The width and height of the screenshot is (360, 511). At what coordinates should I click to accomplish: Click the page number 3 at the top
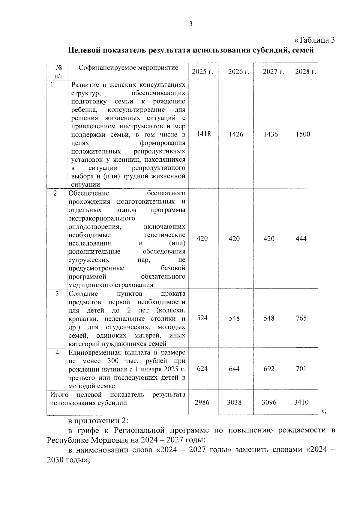[x=190, y=24]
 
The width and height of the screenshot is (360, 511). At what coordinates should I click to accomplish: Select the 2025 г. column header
[x=202, y=72]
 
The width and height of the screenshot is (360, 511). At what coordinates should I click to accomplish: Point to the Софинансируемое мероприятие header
[x=128, y=68]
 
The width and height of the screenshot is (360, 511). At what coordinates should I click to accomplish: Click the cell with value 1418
[x=204, y=134]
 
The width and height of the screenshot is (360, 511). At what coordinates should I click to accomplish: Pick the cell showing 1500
[x=303, y=134]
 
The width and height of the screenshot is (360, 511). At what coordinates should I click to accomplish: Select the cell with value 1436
[x=271, y=134]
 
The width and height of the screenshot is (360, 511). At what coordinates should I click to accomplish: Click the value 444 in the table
[x=301, y=238]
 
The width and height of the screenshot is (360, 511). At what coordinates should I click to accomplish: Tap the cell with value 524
[x=202, y=318]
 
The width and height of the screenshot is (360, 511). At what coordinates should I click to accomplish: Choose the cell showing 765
[x=301, y=318]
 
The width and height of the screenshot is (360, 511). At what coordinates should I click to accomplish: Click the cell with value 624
[x=202, y=368]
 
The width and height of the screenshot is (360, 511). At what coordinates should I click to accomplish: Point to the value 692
[x=269, y=368]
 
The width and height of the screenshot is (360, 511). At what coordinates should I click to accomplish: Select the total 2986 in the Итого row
[x=202, y=402]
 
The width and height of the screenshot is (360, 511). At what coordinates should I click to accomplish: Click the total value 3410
[x=301, y=402]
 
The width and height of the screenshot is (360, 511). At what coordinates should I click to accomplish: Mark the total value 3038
[x=234, y=402]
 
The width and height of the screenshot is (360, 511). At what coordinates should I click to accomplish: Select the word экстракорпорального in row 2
[x=102, y=218]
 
